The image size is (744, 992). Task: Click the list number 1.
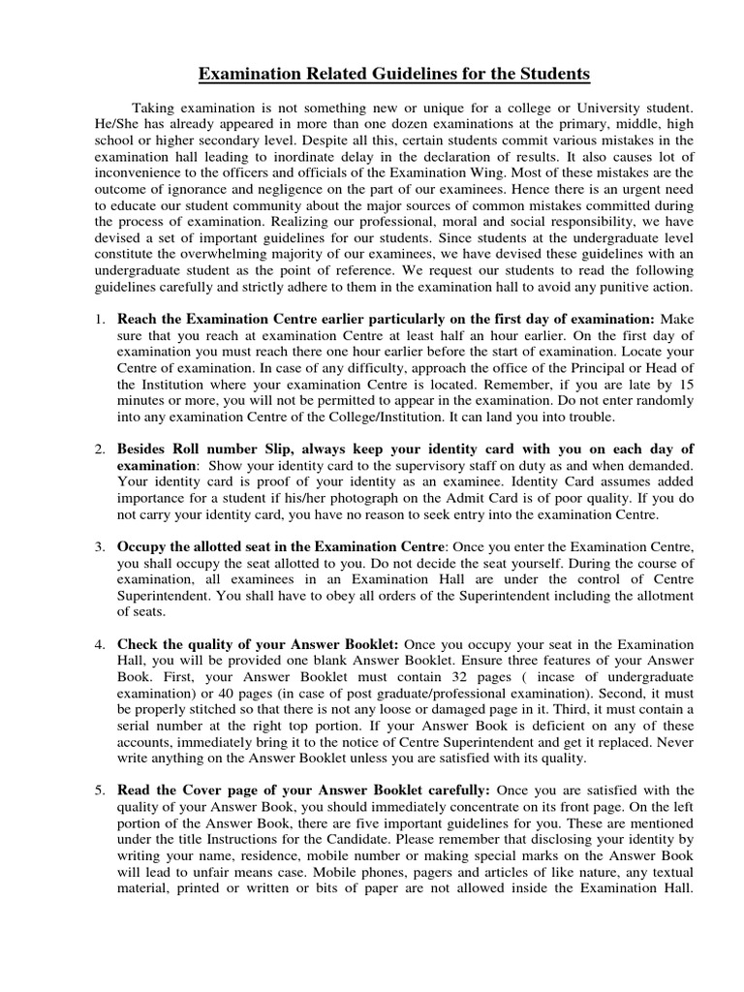pos(100,319)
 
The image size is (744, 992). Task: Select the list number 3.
pos(100,549)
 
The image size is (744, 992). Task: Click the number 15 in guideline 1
pos(686,385)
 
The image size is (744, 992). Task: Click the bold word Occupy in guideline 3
pos(140,549)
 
